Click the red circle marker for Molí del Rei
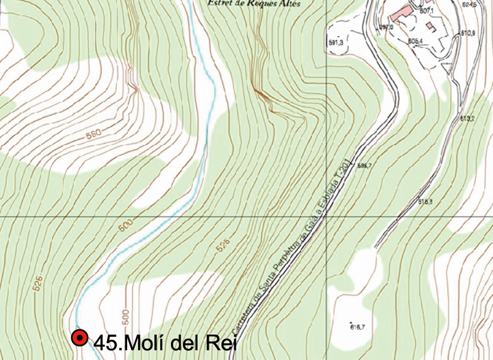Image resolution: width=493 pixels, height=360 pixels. pos(80,339)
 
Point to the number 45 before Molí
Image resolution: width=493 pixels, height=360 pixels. pos(105,343)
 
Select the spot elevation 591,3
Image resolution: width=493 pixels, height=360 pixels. pos(336,43)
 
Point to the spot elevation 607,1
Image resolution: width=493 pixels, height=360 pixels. pos(427,11)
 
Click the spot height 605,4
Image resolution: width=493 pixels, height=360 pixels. pos(415,41)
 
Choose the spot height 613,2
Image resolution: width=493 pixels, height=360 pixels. pos(467,118)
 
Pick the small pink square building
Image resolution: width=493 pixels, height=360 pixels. pos(430,26)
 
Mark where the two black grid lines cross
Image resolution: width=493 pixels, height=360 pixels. pos(326,217)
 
